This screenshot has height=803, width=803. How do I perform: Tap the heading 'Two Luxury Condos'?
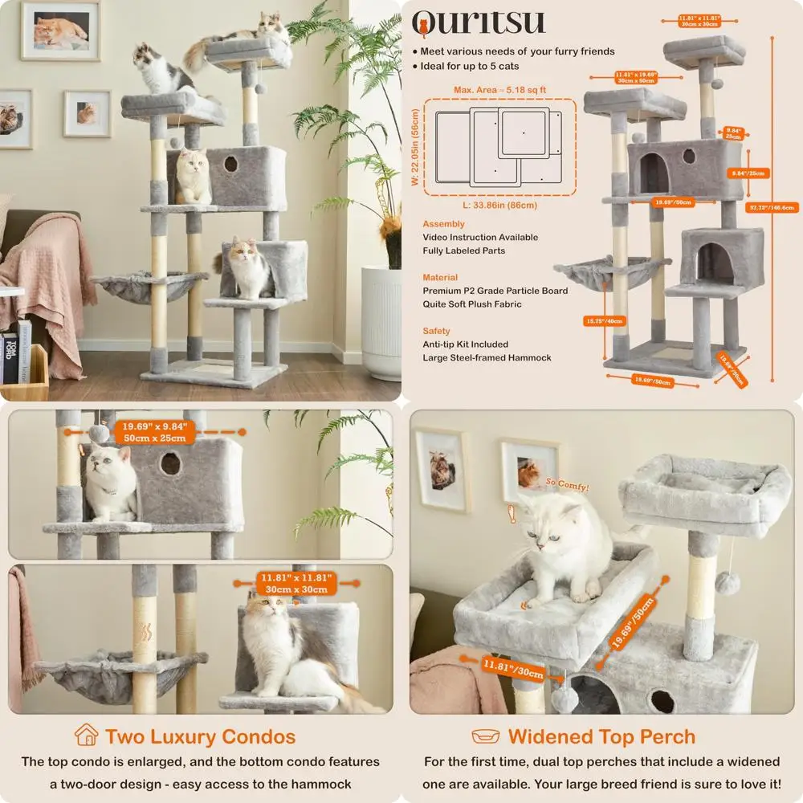point(200,736)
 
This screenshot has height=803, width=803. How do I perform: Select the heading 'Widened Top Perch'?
point(601,736)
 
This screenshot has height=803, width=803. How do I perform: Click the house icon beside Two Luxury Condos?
point(86,736)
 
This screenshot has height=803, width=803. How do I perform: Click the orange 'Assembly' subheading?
point(443,224)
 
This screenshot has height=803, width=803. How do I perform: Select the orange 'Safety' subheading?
point(436,331)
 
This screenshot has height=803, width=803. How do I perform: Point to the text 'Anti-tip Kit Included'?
point(466,344)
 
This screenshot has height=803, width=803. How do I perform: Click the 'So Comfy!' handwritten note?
point(567,487)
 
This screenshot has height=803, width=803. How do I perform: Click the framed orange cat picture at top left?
point(61,30)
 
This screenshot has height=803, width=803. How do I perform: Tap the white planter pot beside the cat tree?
point(381,321)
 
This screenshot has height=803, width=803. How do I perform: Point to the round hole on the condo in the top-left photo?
point(230,164)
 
